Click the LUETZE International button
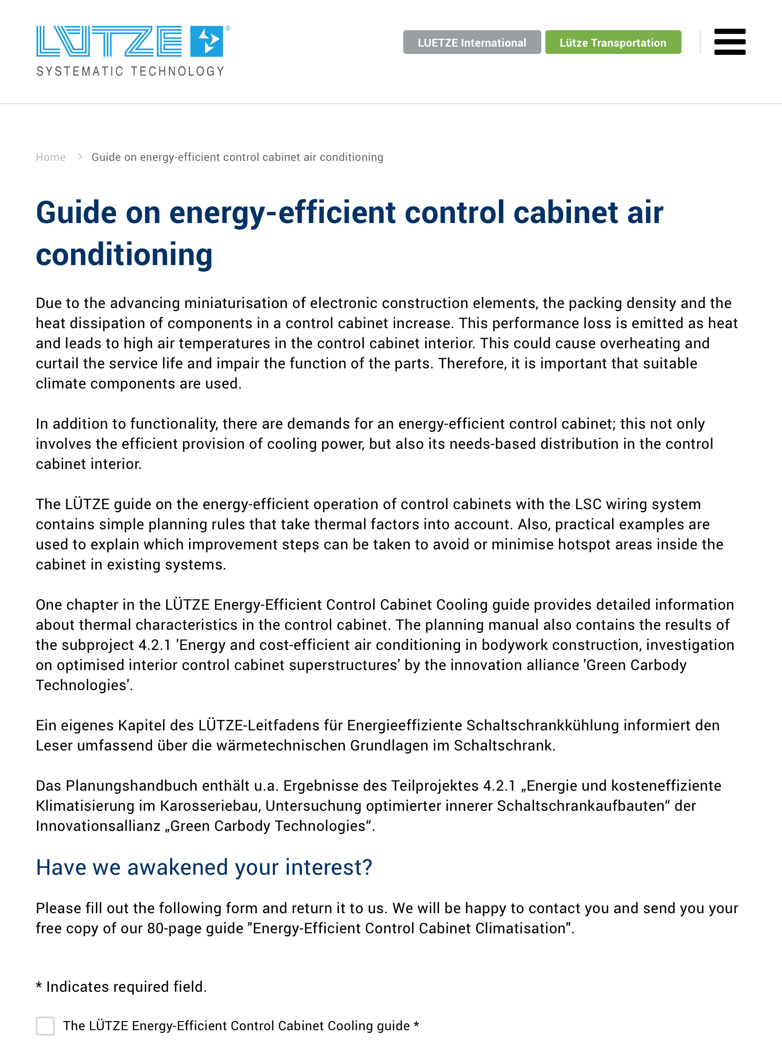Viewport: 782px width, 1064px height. [x=471, y=43]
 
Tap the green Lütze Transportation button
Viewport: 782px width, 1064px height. [x=613, y=43]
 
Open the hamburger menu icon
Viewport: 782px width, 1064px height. [x=729, y=42]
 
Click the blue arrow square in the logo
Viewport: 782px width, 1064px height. [x=207, y=41]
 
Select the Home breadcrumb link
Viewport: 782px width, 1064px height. [x=51, y=157]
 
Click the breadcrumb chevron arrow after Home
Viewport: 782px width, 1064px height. [x=80, y=157]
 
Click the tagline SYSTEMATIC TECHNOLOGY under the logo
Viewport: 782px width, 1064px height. [x=131, y=71]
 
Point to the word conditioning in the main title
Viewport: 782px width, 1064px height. [x=124, y=255]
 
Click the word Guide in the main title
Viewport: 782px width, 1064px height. [x=76, y=212]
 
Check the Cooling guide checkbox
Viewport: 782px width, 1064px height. [x=45, y=1026]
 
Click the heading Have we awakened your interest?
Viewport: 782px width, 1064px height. [x=204, y=867]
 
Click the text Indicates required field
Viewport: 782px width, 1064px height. [x=126, y=987]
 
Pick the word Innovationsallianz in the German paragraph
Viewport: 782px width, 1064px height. [x=98, y=826]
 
